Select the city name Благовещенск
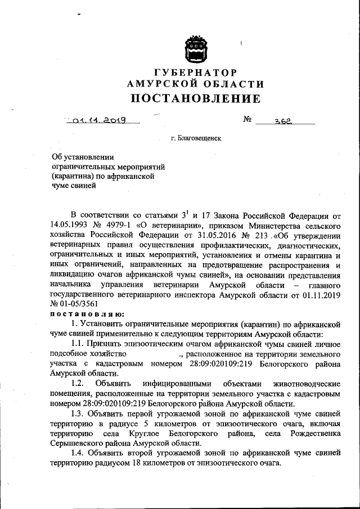click(x=199, y=137)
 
